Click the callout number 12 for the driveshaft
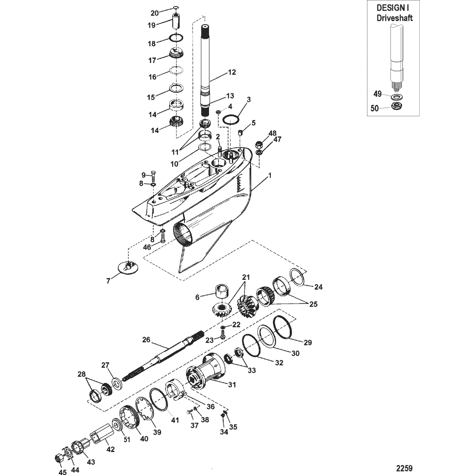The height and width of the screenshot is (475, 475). (x=232, y=72)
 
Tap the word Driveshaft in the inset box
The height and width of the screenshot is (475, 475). (x=394, y=18)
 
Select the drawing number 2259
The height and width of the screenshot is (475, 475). (x=405, y=468)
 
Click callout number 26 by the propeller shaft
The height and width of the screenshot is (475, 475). (x=146, y=339)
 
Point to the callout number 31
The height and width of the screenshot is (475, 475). (x=232, y=385)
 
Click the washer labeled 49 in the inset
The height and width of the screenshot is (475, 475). (x=395, y=97)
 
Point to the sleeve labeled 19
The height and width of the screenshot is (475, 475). (x=176, y=21)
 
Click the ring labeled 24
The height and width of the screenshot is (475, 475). (x=297, y=277)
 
